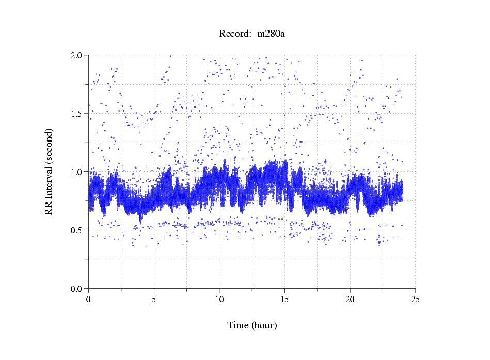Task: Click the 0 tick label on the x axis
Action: point(89,299)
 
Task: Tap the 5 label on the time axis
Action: point(154,299)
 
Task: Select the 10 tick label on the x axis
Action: point(219,299)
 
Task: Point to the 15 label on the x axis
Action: point(284,299)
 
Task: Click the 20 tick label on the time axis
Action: point(350,299)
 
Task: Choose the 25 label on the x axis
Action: point(415,299)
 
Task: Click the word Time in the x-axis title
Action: point(238,325)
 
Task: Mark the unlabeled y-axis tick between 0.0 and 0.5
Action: point(87,259)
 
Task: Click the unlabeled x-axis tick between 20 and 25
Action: point(383,290)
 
